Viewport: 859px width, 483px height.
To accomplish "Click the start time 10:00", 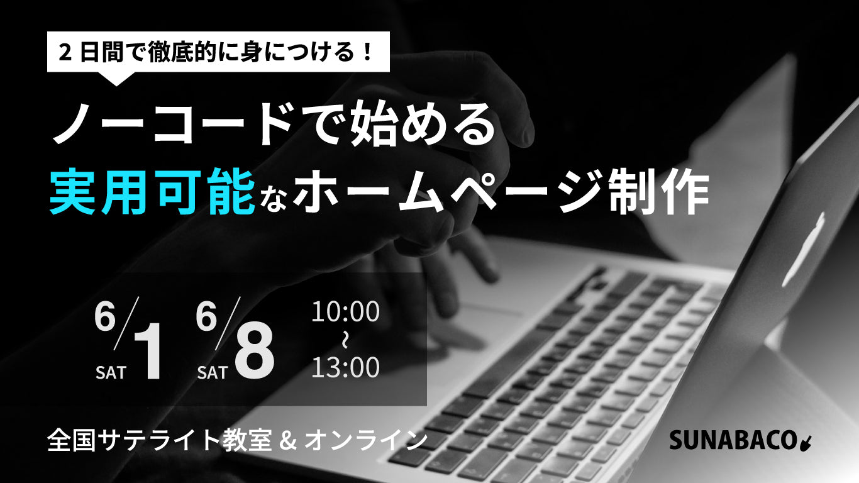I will [x=346, y=312].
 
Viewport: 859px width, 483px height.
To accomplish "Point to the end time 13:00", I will [x=346, y=368].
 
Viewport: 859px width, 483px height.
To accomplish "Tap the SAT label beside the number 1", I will [x=111, y=372].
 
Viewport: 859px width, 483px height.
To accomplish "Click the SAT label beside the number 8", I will [x=212, y=372].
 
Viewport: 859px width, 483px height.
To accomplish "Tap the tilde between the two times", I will [x=345, y=340].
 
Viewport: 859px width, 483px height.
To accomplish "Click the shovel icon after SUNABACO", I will [x=806, y=443].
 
